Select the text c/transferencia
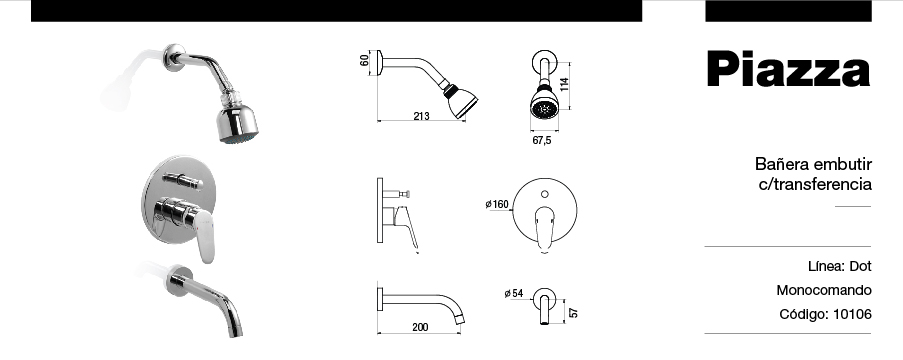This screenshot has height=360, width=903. [x=815, y=185]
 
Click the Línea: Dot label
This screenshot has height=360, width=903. [x=839, y=267]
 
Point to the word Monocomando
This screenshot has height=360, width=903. [x=824, y=291]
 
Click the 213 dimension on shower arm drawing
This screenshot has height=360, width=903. [x=421, y=117]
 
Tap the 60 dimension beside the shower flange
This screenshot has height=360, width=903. [x=366, y=60]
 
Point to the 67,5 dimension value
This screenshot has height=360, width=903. [x=542, y=141]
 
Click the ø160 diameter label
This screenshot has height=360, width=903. [x=496, y=205]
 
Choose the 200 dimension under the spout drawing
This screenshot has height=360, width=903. [x=420, y=327]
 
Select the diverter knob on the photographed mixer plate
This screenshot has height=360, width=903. [x=185, y=181]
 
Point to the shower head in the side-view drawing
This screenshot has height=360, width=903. [x=461, y=102]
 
